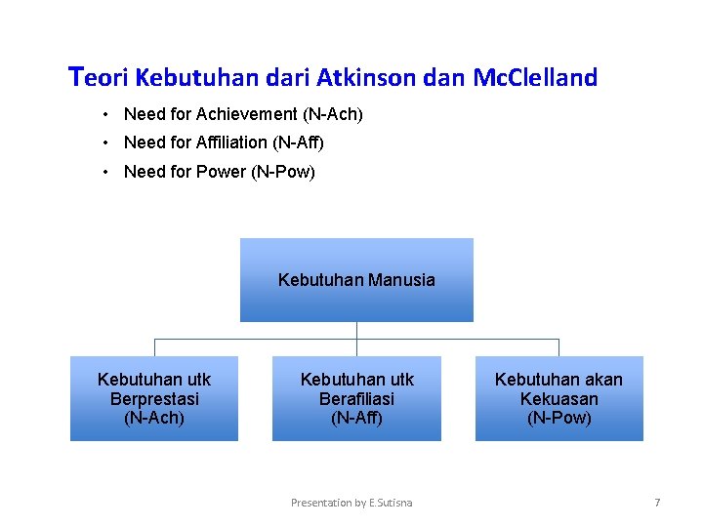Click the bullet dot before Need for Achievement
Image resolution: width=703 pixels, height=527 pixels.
(104, 115)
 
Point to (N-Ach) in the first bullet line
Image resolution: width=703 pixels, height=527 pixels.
(333, 115)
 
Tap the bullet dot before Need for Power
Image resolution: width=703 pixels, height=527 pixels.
(104, 172)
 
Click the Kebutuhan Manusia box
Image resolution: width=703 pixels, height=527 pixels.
(356, 280)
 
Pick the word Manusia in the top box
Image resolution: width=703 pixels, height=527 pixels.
(399, 280)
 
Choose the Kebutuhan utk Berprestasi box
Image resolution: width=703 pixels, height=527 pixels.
(154, 398)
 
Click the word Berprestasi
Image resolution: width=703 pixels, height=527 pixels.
(154, 399)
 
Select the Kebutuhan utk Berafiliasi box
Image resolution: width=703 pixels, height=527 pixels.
(356, 398)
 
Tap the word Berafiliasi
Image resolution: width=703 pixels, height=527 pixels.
(356, 399)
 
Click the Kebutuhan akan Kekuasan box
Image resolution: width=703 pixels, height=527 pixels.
(558, 398)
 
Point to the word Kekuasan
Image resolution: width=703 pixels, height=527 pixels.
(558, 399)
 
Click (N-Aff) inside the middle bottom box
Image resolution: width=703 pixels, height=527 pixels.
(356, 418)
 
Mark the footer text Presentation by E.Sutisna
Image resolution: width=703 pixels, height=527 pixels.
(351, 503)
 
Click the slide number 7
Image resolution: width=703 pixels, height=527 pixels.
(657, 503)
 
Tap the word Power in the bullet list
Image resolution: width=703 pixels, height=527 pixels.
(223, 172)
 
